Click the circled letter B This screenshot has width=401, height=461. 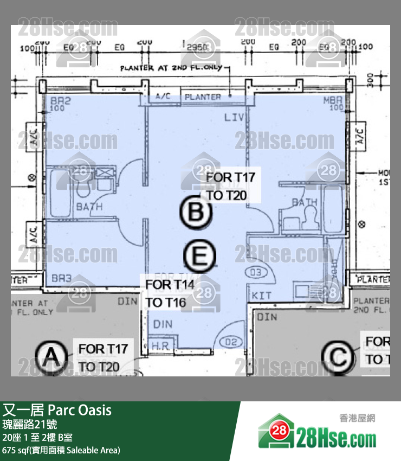point(195,213)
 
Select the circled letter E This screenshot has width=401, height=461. point(199,255)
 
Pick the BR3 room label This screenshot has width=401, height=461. point(61,278)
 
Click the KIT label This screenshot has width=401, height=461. point(262,296)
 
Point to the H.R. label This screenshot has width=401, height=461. point(160,345)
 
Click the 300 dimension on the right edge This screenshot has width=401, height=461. point(370,81)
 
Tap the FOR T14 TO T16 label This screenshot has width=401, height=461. point(165,293)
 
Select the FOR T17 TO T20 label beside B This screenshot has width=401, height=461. point(230,185)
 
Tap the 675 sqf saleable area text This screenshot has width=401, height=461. point(61,450)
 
